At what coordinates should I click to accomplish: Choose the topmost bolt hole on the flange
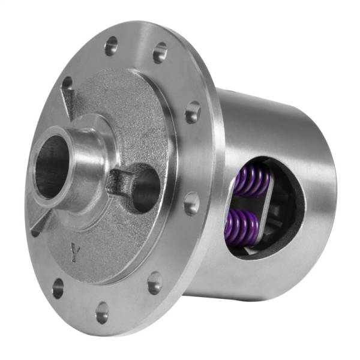pos(112,46)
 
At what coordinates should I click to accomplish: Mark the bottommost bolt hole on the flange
pos(103,312)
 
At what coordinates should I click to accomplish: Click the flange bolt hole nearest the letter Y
pos(58,288)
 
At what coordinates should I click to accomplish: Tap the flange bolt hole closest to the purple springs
pos(191,204)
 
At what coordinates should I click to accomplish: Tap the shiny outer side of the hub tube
pos(84,174)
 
